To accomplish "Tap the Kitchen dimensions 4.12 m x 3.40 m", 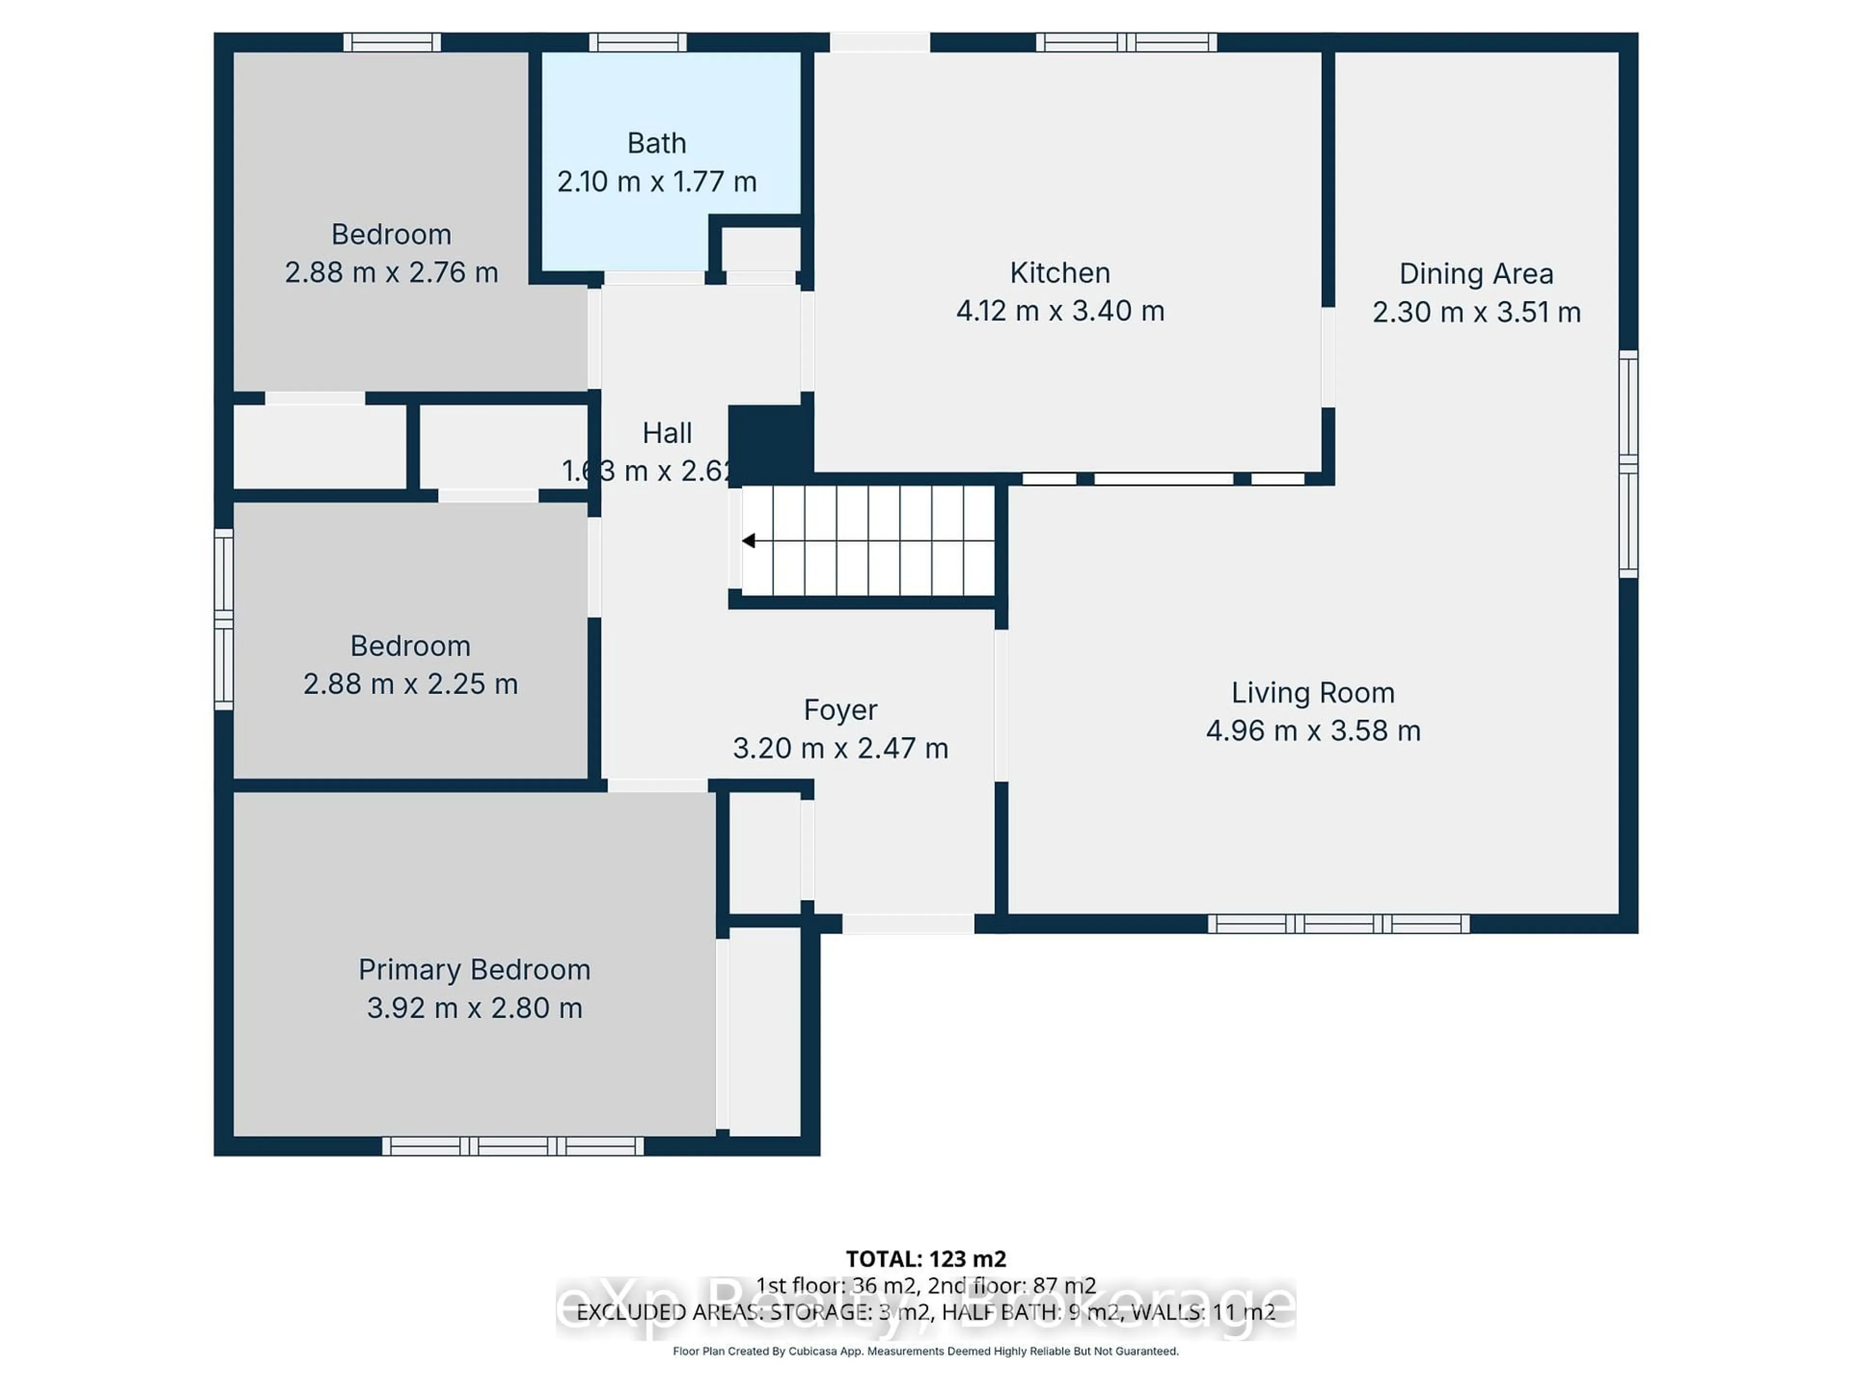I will (x=1060, y=311).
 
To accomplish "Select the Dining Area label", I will (x=1476, y=274).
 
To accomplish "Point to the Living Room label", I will (x=1313, y=693).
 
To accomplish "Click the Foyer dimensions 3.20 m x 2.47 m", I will (x=841, y=748).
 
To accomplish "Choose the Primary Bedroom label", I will (x=474, y=969).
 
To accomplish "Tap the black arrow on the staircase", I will (x=749, y=541).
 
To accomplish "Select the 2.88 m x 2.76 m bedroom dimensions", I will (x=391, y=272).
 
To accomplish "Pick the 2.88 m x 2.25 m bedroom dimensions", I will (x=410, y=684).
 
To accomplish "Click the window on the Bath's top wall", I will (x=637, y=42).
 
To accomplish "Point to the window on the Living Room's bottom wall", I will (x=1338, y=924).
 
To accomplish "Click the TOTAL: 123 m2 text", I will (x=926, y=1258).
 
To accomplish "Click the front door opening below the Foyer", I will (x=908, y=924).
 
